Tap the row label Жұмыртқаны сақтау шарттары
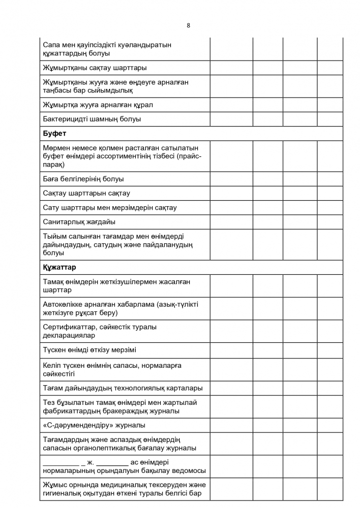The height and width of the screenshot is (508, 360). (x=95, y=68)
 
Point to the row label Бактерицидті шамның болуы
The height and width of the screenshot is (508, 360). (x=92, y=119)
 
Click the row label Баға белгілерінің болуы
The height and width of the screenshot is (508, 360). (x=83, y=179)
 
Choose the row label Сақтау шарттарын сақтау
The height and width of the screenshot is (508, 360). (x=86, y=193)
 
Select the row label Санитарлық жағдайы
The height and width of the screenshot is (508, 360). (x=79, y=222)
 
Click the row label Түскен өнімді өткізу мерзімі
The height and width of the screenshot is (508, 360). (x=89, y=350)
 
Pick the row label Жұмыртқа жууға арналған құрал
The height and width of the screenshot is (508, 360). (x=98, y=105)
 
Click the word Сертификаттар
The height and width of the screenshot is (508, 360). (x=67, y=327)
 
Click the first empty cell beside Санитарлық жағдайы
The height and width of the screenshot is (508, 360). (x=231, y=222)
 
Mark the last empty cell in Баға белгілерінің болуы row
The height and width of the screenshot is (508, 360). (x=331, y=179)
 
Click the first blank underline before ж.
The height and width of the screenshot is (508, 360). (x=61, y=463)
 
